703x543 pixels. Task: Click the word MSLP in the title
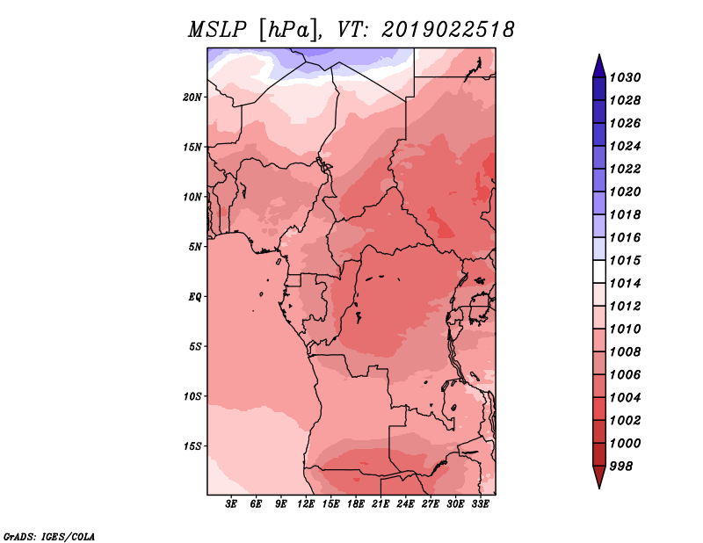point(217,30)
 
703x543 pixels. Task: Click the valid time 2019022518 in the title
point(447,30)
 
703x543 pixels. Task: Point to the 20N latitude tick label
point(192,98)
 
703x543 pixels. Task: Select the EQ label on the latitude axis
point(194,297)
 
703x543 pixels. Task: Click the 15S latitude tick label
point(192,446)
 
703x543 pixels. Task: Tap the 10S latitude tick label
point(192,396)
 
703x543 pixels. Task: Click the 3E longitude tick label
point(231,503)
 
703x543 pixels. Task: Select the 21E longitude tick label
point(380,503)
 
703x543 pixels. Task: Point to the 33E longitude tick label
point(480,503)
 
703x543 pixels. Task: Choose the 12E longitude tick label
point(306,503)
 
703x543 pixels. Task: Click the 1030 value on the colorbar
point(625,77)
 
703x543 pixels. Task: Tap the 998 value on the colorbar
point(621,467)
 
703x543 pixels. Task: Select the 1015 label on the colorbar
point(625,260)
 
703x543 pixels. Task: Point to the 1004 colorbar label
point(625,398)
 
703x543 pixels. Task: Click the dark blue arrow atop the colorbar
point(599,68)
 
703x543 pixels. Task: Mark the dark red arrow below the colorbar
point(599,476)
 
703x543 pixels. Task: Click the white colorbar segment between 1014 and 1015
point(599,271)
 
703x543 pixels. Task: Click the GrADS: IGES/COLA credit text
point(49,536)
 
